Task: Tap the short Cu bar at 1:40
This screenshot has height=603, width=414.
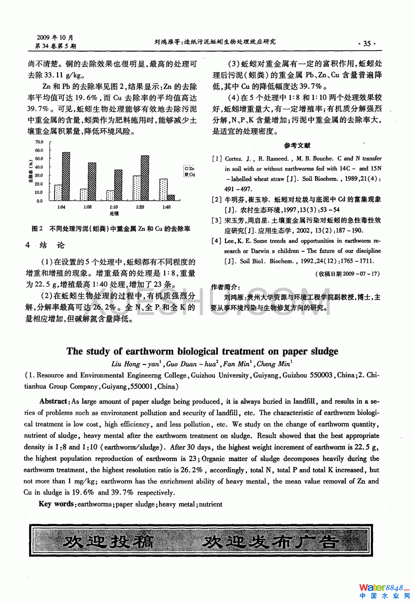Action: click(171, 198)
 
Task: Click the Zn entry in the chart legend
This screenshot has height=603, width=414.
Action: click(189, 169)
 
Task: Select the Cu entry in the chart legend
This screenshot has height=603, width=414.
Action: click(189, 175)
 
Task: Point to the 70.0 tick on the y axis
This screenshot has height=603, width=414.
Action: click(39, 142)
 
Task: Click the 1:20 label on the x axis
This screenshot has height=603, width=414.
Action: click(140, 207)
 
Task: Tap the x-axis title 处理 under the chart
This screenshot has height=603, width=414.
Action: click(114, 213)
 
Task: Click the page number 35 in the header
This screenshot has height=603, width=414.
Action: click(367, 44)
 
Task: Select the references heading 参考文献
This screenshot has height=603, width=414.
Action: click(297, 146)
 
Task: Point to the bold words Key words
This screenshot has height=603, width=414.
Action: click(56, 504)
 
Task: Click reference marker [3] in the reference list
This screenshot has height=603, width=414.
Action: click(216, 220)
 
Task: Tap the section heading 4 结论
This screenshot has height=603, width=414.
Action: click(45, 245)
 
